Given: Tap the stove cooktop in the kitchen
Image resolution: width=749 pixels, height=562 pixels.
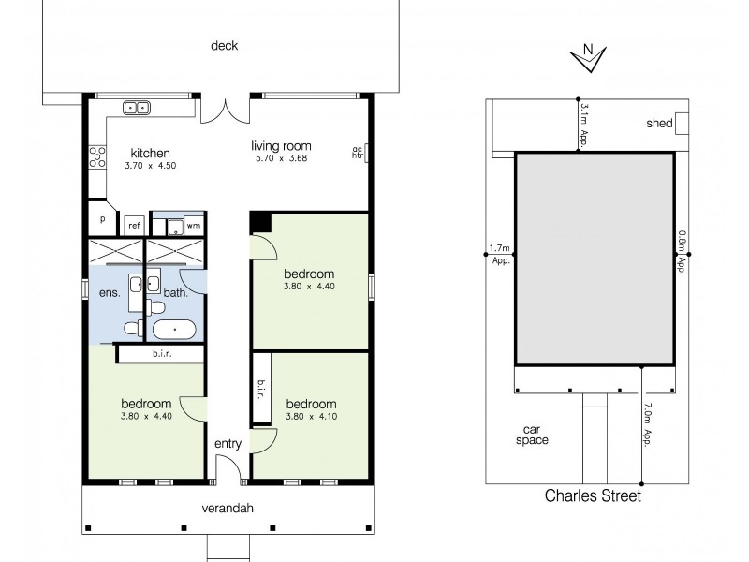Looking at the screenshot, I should (95, 155).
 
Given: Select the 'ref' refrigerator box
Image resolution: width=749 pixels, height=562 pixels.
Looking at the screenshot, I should (134, 225).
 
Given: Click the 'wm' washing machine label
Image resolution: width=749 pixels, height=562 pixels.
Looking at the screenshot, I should (193, 225).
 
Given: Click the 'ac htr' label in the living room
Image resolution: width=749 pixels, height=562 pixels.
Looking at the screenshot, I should (357, 153).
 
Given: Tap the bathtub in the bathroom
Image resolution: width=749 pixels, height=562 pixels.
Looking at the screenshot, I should (175, 329).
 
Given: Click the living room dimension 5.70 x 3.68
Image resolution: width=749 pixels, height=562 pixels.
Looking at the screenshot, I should (281, 158).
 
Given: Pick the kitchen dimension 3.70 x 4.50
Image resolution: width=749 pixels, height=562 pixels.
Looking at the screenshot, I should (151, 166).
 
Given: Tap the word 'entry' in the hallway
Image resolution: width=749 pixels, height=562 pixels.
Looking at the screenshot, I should (228, 444).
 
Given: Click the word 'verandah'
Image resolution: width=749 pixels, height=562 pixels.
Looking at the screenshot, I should (228, 510).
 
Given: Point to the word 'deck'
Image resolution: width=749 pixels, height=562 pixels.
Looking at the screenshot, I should (224, 45).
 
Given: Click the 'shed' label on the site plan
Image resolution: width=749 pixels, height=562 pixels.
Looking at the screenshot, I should (659, 123).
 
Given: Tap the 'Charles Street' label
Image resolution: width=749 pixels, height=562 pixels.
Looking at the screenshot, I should (594, 496).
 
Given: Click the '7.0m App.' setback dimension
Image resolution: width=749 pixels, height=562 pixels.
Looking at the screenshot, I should (650, 423).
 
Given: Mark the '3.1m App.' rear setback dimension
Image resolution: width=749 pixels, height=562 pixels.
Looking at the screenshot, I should (584, 126).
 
